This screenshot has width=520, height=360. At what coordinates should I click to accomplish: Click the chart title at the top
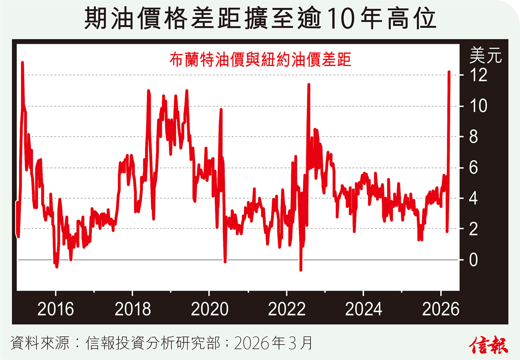tap(260, 19)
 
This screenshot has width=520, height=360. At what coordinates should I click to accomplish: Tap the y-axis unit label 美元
tap(485, 56)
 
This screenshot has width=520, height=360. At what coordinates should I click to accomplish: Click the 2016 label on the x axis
tap(56, 310)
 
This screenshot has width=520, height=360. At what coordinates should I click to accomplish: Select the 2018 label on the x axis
tap(133, 310)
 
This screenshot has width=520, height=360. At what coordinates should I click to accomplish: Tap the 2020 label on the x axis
tap(209, 310)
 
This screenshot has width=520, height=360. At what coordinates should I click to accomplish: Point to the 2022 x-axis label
tap(286, 310)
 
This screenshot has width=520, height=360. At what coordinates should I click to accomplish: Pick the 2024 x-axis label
tap(364, 310)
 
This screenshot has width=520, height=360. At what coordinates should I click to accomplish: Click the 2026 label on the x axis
tap(440, 310)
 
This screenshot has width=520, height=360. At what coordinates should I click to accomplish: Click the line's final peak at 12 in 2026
tap(449, 72)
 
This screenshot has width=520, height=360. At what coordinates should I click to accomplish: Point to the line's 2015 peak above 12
tap(22, 63)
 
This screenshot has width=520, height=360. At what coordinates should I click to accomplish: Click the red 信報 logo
tap(488, 344)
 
